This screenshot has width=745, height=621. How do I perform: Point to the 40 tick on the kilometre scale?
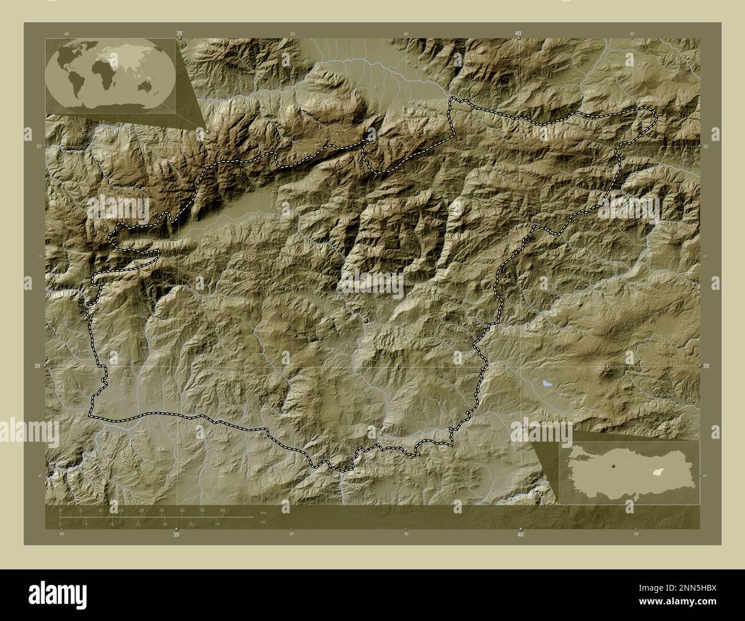pyautogui.click(x=222, y=510)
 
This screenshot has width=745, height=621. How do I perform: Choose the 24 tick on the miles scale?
pyautogui.click(x=217, y=524)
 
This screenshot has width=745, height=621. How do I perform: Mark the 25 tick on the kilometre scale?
pyautogui.click(x=162, y=510)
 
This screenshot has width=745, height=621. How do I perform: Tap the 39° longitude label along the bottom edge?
pyautogui.click(x=176, y=534)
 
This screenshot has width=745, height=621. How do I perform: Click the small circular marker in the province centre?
pyautogui.click(x=366, y=321)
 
